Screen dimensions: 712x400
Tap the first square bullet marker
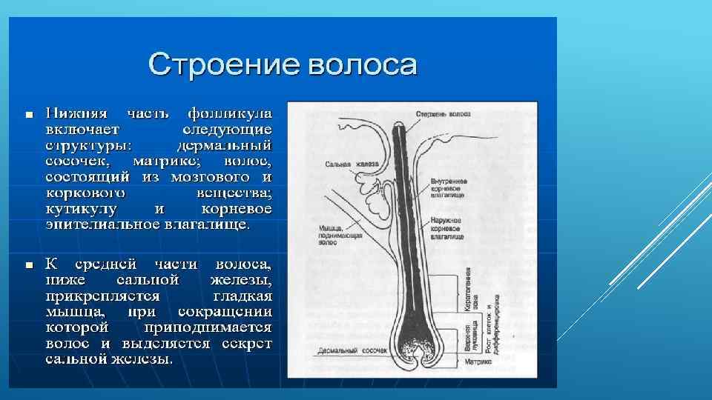pos(28,116)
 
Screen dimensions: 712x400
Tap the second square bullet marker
pos(28,264)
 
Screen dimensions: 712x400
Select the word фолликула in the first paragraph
pos(230,114)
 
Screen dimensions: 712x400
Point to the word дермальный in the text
pos(226,145)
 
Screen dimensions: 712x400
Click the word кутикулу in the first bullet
pos(79,209)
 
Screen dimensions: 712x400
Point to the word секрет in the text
pos(245,344)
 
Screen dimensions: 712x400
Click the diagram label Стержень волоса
pos(443,115)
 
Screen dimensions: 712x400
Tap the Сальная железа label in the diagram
pos(352,164)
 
